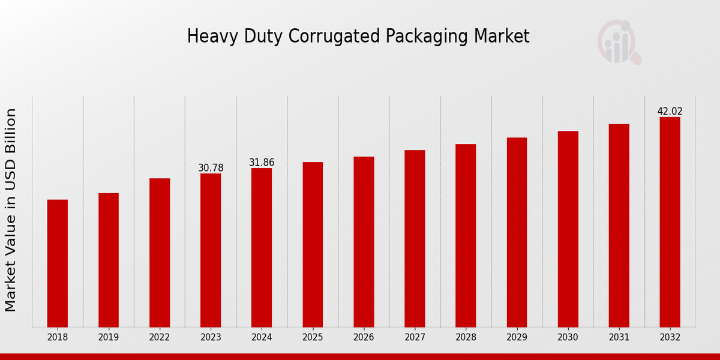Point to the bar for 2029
(x=517, y=232)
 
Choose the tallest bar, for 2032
(x=670, y=222)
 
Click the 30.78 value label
(x=211, y=168)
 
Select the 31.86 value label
(x=262, y=163)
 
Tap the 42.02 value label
(x=670, y=112)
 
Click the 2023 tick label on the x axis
(x=211, y=338)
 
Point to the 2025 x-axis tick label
(x=313, y=338)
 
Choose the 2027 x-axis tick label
(x=415, y=338)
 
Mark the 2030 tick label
(x=568, y=338)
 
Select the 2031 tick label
(x=619, y=338)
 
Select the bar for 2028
(x=466, y=235)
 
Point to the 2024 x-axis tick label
(x=262, y=338)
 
